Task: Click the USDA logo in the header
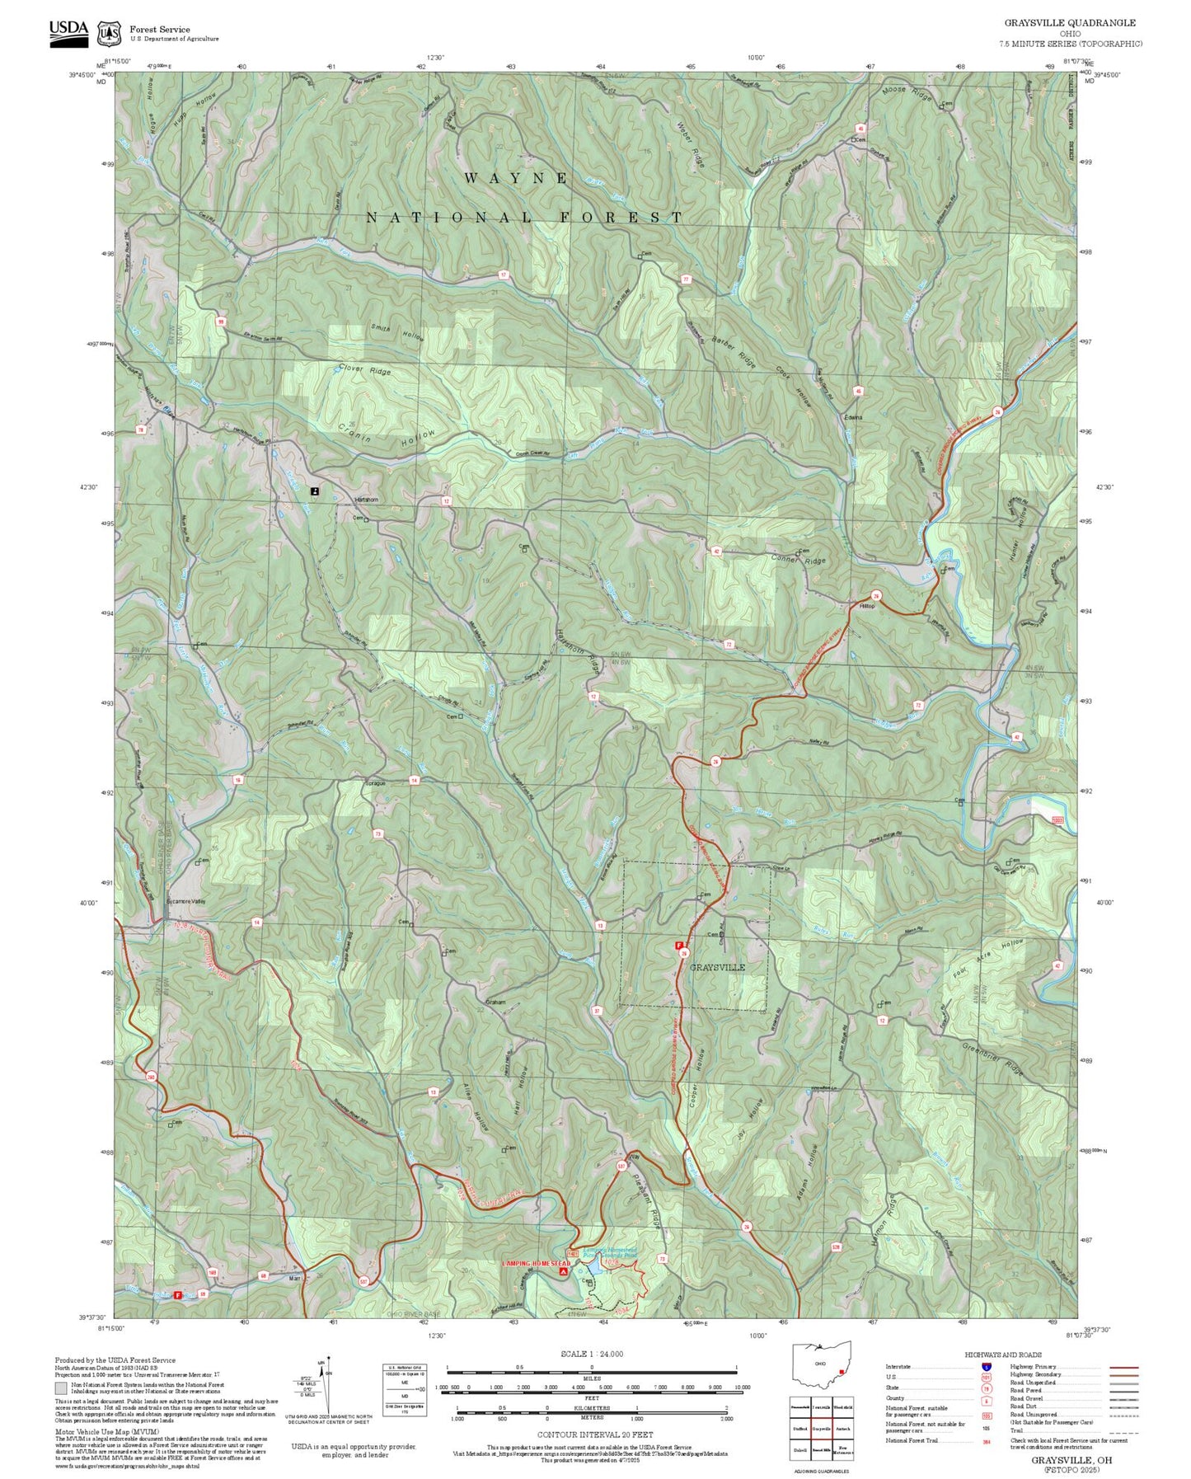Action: coord(68,31)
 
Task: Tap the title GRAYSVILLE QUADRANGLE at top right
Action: coord(1069,23)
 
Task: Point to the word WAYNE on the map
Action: coord(516,178)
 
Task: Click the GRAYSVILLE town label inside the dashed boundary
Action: coord(717,967)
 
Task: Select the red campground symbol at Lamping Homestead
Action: coord(563,1272)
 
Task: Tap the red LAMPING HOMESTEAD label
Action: coord(537,1263)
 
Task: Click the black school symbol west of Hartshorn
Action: coord(315,491)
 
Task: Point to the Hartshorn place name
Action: coord(366,500)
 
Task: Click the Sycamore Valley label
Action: coord(185,901)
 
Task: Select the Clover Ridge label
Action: coord(364,370)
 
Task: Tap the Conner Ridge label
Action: coord(798,561)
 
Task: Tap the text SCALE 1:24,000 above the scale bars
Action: coord(592,1354)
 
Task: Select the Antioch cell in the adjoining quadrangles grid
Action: coord(842,1429)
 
